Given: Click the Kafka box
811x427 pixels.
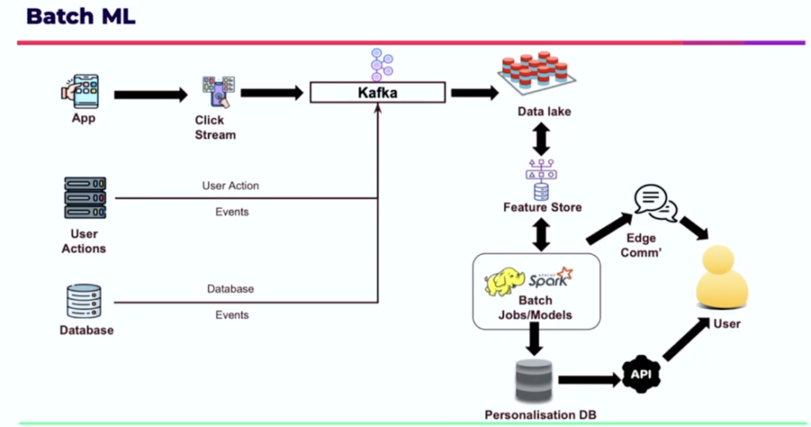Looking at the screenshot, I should (x=377, y=93).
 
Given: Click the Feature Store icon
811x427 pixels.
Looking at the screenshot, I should (x=542, y=180).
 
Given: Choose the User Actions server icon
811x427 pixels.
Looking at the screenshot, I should (x=85, y=198).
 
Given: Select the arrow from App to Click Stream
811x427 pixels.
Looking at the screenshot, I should (x=150, y=95).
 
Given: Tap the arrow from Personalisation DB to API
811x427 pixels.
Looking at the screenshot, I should (x=588, y=380).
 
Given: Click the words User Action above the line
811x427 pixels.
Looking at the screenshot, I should (x=230, y=186).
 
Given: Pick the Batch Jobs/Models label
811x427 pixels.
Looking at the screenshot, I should (x=535, y=309).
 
